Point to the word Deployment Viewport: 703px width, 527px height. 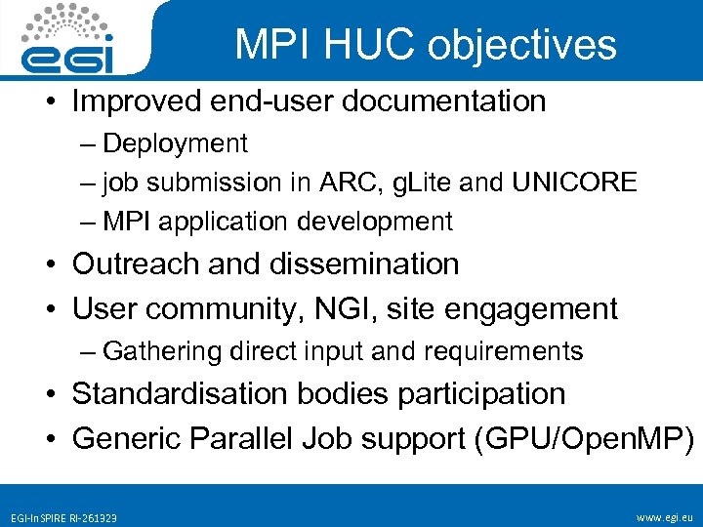pyautogui.click(x=176, y=143)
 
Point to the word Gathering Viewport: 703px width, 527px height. pyautogui.click(x=164, y=350)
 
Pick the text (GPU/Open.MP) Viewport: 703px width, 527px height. pyautogui.click(x=583, y=438)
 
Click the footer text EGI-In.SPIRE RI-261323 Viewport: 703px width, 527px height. pyautogui.click(x=64, y=517)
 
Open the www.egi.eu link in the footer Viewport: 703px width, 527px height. pyautogui.click(x=662, y=516)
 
